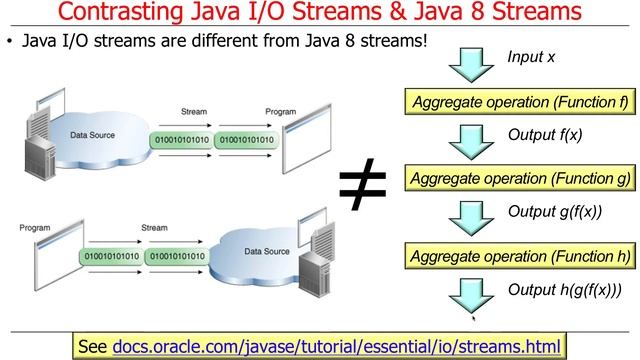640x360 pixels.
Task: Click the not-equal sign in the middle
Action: click(363, 183)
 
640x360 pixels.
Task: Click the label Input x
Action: click(531, 57)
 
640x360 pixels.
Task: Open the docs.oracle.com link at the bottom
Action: click(338, 346)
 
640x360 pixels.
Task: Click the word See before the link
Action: click(92, 346)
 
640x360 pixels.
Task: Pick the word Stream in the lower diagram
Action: click(154, 228)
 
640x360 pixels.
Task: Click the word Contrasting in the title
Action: click(121, 14)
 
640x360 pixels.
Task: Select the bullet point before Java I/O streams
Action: click(10, 42)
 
